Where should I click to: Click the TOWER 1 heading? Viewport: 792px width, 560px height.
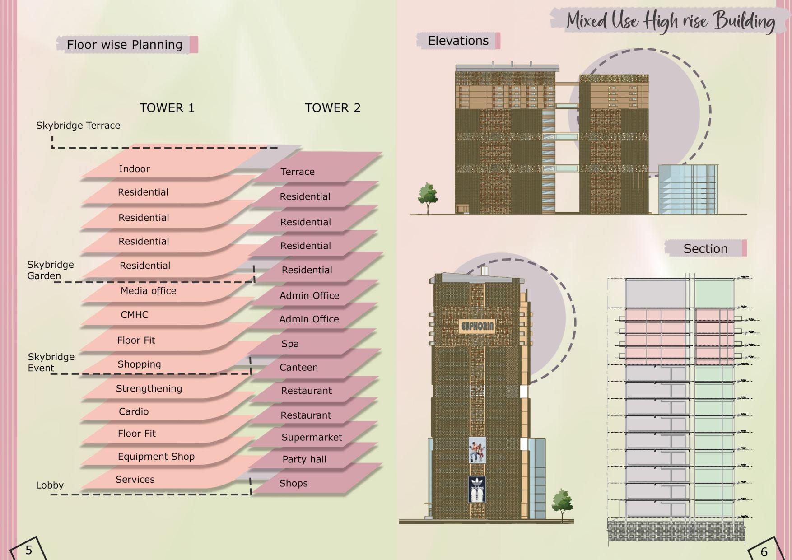167,108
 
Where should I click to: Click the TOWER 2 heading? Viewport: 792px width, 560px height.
332,108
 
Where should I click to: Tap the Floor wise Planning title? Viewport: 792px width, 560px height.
125,45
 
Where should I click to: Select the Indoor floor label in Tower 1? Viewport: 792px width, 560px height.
134,169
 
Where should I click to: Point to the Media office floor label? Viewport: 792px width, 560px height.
148,291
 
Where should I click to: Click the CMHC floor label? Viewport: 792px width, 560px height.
134,315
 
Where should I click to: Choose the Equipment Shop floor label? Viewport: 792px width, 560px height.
156,457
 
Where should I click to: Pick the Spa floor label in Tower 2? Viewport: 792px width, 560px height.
290,344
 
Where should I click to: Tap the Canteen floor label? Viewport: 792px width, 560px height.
298,368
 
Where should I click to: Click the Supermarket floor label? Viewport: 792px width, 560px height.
312,437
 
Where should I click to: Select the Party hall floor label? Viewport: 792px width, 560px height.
304,459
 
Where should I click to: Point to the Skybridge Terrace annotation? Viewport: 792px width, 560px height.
78,126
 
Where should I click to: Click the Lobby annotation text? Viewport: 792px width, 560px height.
50,485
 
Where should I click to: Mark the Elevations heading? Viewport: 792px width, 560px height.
458,41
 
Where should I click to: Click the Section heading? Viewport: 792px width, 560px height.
705,249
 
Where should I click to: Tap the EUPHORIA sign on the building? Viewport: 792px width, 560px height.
477,326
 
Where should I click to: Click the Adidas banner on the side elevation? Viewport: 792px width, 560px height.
477,489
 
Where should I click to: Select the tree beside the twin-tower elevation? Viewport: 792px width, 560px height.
427,196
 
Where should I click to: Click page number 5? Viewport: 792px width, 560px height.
28,550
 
